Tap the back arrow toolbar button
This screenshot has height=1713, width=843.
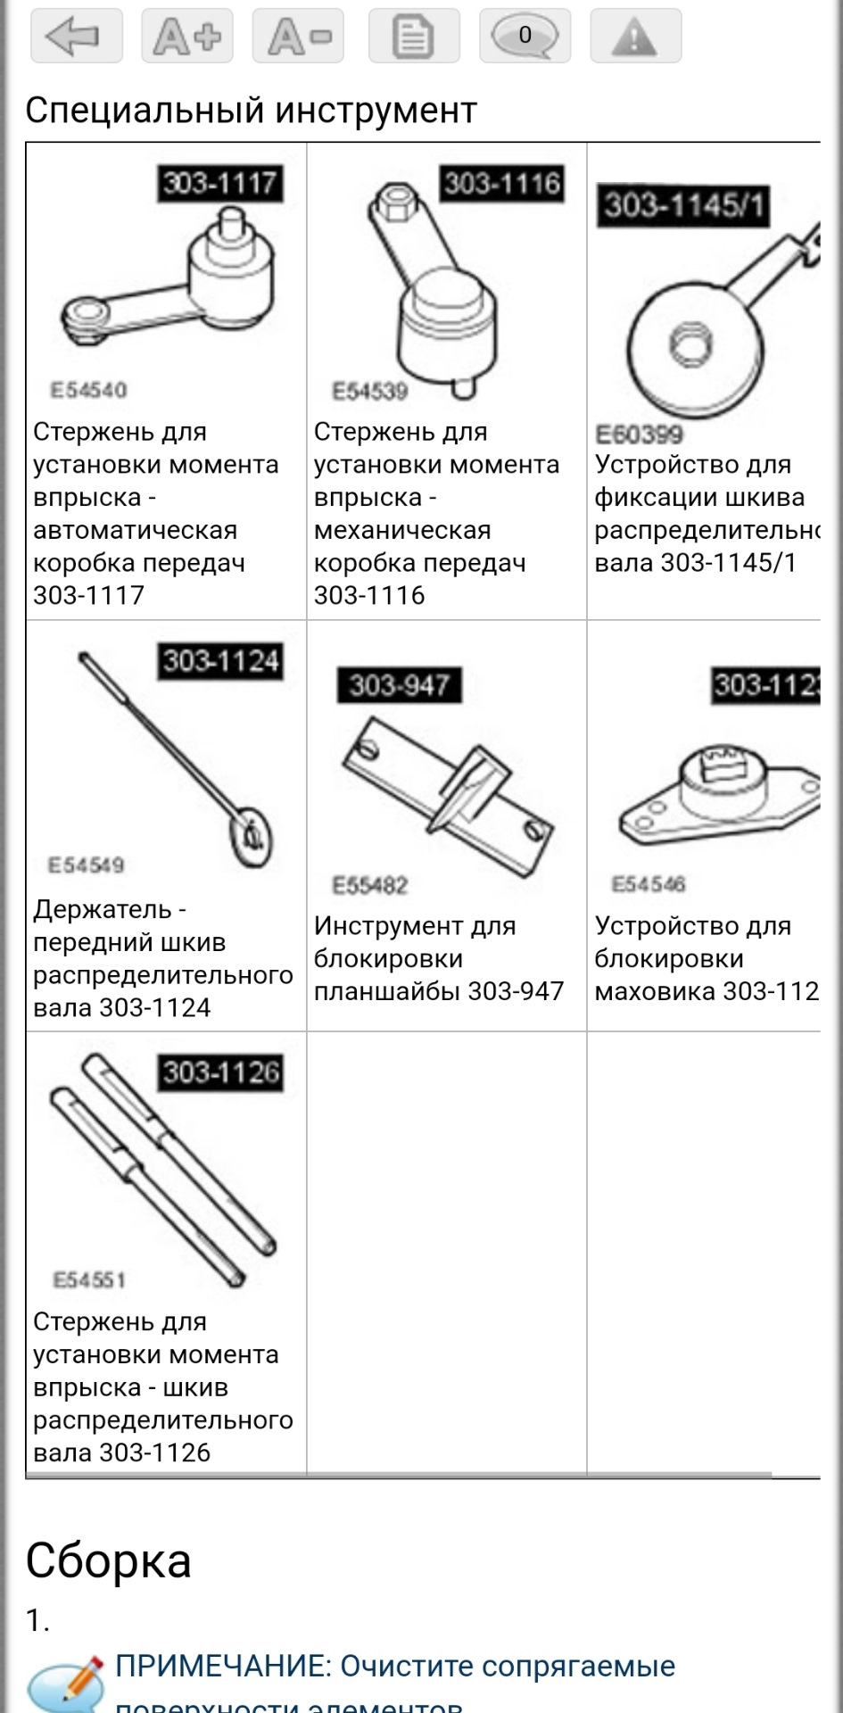[76, 36]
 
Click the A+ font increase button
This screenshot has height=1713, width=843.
[187, 36]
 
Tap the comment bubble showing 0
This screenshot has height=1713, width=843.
[525, 36]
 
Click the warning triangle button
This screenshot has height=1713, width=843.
[635, 36]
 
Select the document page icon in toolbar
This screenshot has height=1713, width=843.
[414, 36]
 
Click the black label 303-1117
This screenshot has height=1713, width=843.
[219, 184]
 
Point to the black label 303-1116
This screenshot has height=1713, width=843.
[502, 184]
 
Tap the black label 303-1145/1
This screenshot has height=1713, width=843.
[683, 206]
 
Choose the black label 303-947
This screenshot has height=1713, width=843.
[399, 685]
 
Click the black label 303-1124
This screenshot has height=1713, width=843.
[220, 661]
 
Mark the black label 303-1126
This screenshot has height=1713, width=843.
[220, 1072]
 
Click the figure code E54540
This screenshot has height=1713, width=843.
[89, 390]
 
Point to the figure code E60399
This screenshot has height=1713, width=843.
[640, 434]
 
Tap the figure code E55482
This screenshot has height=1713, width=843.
[370, 885]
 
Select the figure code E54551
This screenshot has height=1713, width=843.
[89, 1280]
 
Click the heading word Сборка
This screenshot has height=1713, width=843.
[108, 1561]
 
